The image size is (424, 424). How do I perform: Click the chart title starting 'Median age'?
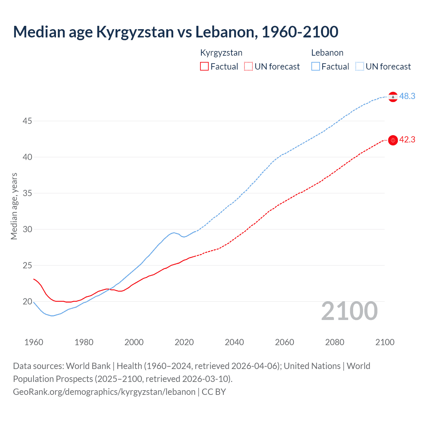point(176,32)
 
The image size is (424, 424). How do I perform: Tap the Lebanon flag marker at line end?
point(393,97)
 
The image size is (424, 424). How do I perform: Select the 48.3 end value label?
point(407,96)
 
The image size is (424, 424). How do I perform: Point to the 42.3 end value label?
point(407,140)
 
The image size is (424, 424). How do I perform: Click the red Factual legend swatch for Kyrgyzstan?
point(204,67)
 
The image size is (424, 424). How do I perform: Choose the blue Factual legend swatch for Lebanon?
point(316,67)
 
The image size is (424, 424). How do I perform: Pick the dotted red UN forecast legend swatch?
point(248,67)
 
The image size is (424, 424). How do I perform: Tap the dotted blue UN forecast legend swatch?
point(360,67)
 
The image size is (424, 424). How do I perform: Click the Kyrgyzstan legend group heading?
point(221,53)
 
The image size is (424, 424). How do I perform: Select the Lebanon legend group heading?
point(327,53)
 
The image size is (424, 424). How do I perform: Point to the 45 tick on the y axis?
point(27,121)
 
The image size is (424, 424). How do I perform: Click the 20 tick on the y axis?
point(27,302)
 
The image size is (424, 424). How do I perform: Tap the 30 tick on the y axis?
point(27,230)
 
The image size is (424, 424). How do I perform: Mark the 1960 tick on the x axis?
point(34,342)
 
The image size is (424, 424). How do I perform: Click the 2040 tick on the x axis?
point(234,342)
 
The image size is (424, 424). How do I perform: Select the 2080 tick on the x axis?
point(335,342)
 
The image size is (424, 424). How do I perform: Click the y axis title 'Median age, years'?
point(14,206)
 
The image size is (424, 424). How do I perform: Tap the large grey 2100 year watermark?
point(349,311)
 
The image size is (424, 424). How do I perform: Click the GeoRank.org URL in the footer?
point(104,392)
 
